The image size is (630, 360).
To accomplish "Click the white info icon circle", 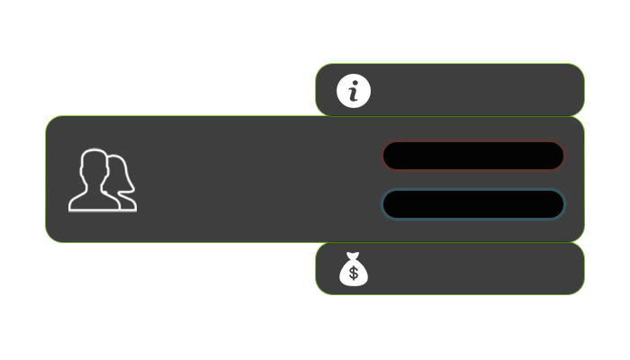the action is (x=354, y=90).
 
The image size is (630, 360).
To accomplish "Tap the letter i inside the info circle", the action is (x=354, y=92).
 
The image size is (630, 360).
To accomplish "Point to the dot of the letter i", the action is (x=356, y=82).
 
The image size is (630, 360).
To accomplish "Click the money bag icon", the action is (x=354, y=269).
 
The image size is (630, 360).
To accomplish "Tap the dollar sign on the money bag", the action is (x=354, y=273).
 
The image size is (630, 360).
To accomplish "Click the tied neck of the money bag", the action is (x=354, y=257).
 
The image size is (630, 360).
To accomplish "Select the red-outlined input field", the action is (x=472, y=156).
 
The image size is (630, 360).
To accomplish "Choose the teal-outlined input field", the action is (x=472, y=204).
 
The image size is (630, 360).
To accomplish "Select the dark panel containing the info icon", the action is (x=468, y=90).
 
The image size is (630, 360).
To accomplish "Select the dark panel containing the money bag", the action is (x=468, y=268).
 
